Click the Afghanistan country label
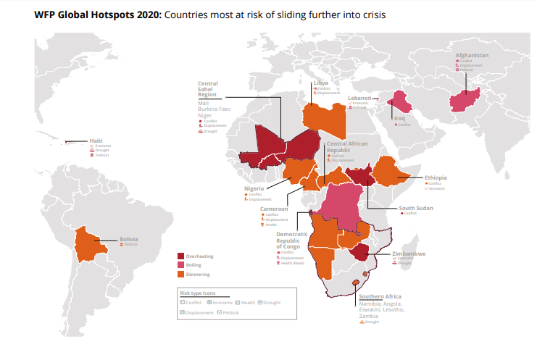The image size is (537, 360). (472, 55)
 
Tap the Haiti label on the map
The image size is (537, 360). (96, 141)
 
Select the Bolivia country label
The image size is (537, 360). (129, 239)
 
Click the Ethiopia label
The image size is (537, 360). (436, 177)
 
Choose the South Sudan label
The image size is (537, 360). (417, 208)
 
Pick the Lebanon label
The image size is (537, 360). (359, 98)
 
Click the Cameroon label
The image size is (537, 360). (275, 209)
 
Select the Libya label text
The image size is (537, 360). (321, 83)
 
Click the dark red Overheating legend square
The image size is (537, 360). (180, 256)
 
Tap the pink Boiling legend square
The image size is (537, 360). (180, 266)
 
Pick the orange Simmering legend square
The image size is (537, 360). (180, 275)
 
